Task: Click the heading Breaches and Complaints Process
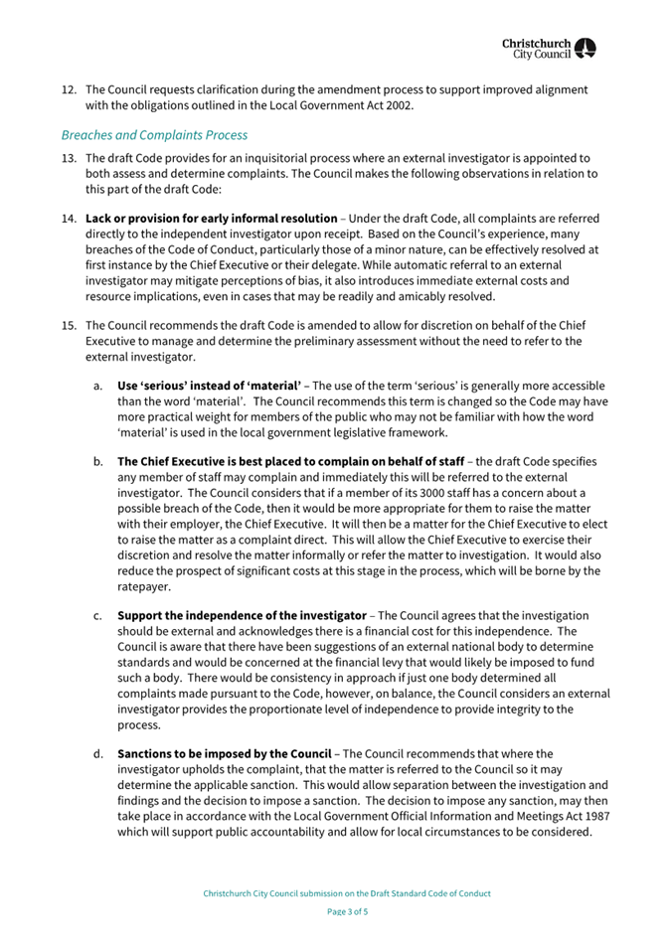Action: pos(154,134)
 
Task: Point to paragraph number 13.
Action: pos(69,158)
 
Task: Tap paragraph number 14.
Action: pos(69,218)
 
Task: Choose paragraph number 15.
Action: pos(69,325)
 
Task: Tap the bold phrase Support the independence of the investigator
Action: pos(245,615)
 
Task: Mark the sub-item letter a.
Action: pos(97,385)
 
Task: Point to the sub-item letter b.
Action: pos(97,461)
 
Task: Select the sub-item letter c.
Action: pos(97,615)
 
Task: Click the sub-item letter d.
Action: pos(97,753)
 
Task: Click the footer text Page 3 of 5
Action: pos(347,911)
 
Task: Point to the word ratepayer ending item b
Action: pos(145,586)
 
